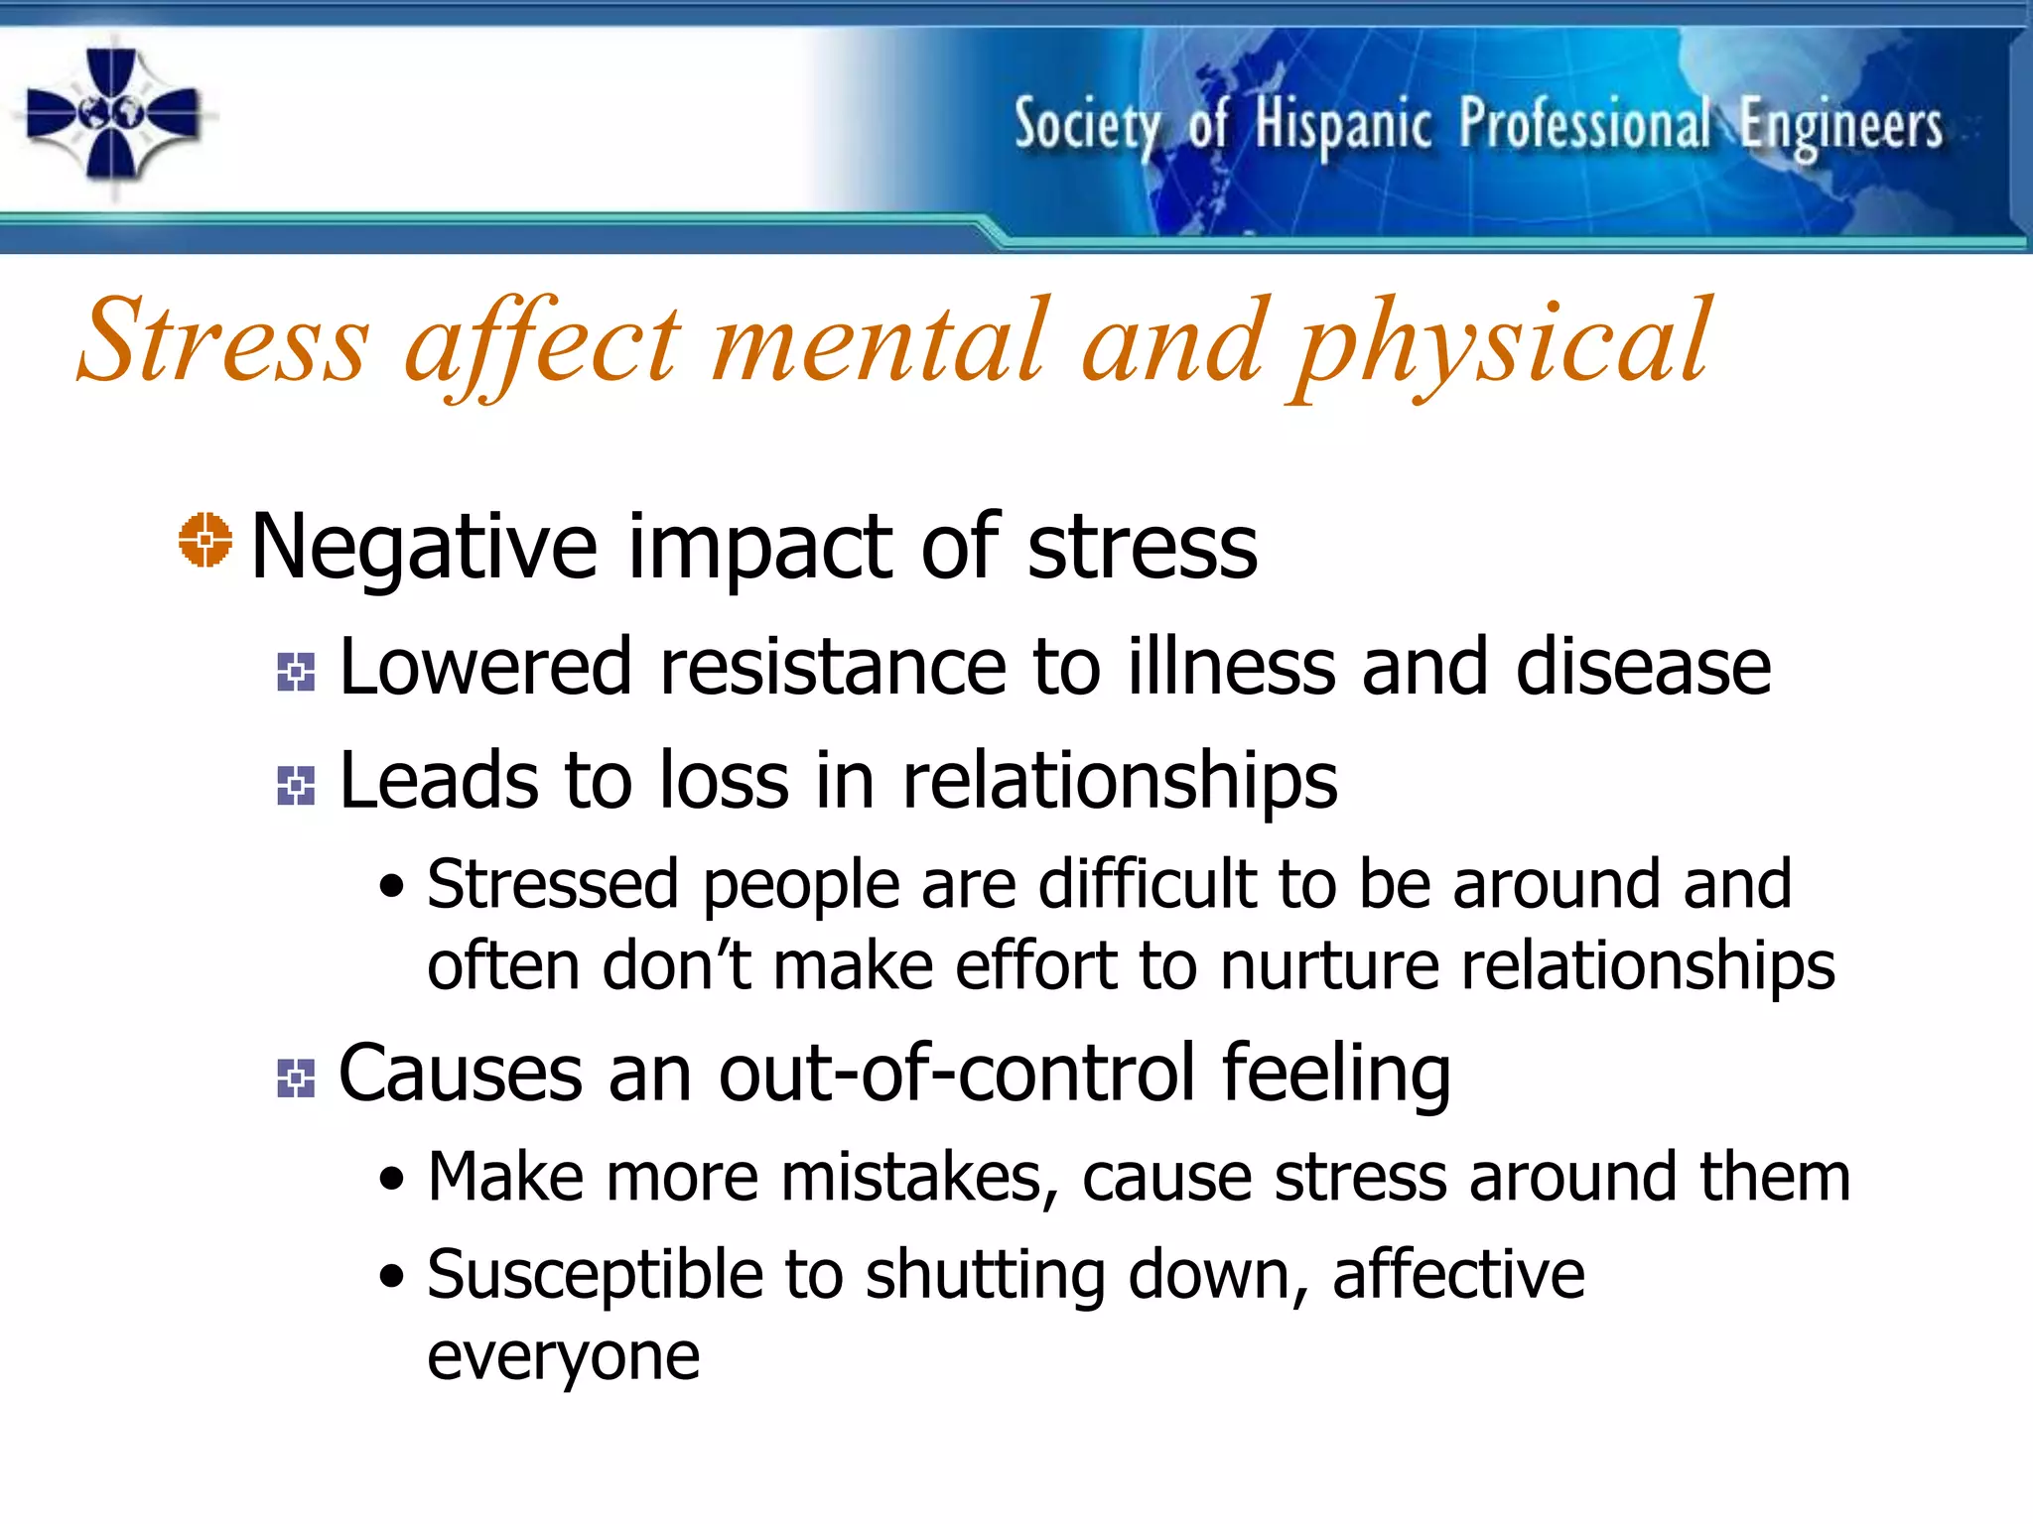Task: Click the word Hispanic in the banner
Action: [1342, 126]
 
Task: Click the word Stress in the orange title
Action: [222, 342]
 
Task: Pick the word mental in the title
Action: [880, 342]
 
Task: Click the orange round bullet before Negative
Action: [204, 541]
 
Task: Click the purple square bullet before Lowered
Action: [296, 672]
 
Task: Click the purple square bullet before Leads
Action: [296, 786]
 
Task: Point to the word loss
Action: [724, 781]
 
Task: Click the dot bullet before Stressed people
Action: [392, 885]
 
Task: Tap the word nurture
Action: [1329, 965]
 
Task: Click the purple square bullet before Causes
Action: [296, 1079]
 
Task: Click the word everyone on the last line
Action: [563, 1356]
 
